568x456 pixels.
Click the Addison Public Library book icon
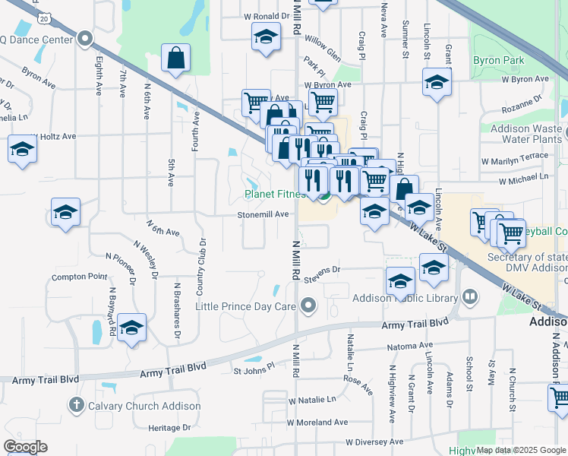470,296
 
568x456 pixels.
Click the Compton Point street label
80,277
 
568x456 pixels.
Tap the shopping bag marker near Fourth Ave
175,59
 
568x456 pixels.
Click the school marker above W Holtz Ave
23,149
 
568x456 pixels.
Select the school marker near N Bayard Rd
131,328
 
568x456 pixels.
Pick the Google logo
25,447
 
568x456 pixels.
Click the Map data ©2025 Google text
522,451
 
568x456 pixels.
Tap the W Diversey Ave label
374,442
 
